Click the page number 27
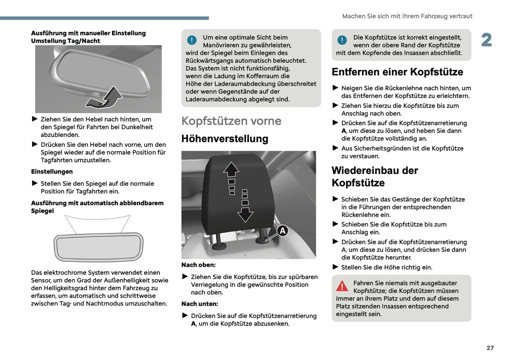490,348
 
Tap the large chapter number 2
487,40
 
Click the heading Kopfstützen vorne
231,121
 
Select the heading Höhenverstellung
225,139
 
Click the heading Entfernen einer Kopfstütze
397,72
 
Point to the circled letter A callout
283,231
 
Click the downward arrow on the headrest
245,214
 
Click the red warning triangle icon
342,286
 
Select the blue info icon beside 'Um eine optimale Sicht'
192,40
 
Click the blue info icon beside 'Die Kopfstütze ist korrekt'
342,40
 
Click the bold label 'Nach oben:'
198,265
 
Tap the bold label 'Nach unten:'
199,304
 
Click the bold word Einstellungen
52,172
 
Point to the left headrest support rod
218,239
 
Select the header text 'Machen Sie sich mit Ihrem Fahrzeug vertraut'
407,16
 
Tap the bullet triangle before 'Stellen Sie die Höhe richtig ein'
336,267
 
